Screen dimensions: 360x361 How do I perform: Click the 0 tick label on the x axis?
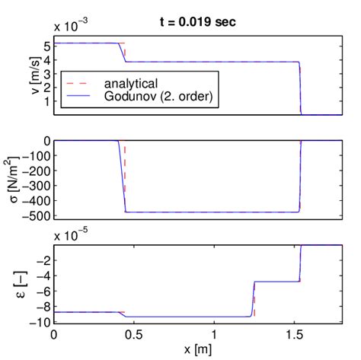pyautogui.click(x=53, y=334)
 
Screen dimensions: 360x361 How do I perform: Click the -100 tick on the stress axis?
pyautogui.click(x=37, y=155)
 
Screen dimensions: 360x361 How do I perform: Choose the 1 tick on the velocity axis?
pyautogui.click(x=46, y=100)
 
